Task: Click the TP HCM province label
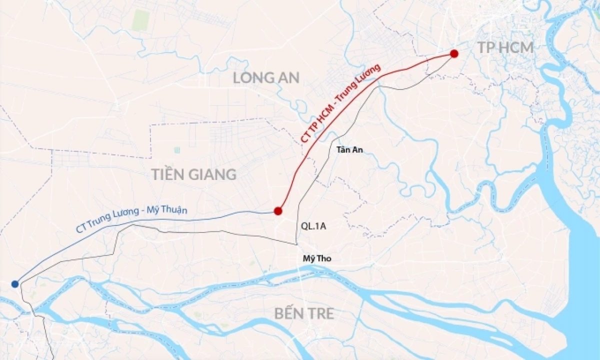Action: [x=505, y=47]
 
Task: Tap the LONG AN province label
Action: [x=266, y=77]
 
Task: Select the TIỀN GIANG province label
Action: [x=193, y=174]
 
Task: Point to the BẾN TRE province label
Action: [x=303, y=313]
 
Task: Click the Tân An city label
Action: [x=349, y=149]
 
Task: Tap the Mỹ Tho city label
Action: [x=317, y=258]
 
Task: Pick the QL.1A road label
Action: [x=313, y=226]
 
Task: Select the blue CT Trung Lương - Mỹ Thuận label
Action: [x=132, y=218]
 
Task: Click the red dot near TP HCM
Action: [x=454, y=53]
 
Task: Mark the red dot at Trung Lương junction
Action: [x=278, y=211]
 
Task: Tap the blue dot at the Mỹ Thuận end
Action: [x=15, y=284]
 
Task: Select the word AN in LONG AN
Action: [x=289, y=77]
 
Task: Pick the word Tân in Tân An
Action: [x=343, y=149]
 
